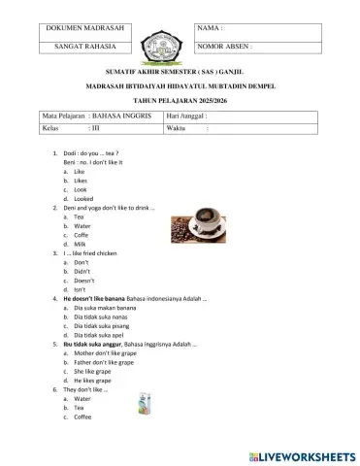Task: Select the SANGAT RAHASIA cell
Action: [x=81, y=47]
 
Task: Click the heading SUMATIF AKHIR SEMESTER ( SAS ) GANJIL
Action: [x=180, y=72]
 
